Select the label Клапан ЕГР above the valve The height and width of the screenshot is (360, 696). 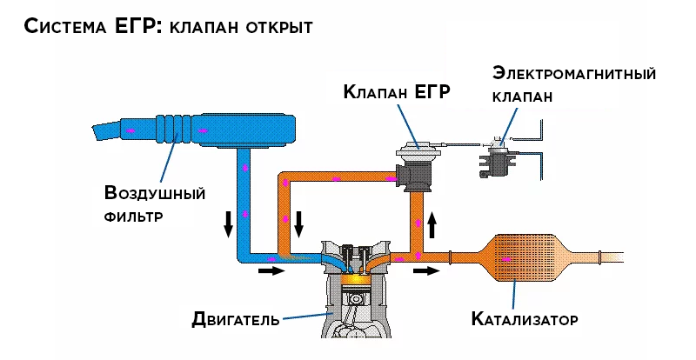tap(397, 93)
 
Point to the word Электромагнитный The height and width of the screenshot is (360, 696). tap(573, 73)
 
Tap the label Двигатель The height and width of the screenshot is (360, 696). tap(235, 319)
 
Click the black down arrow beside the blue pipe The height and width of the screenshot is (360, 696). tap(229, 223)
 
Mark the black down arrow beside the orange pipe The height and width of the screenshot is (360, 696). tap(298, 223)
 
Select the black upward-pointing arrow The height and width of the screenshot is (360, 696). tap(432, 228)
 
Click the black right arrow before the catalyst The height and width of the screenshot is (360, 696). tap(426, 271)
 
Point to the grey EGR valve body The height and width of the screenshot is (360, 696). tap(416, 165)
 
